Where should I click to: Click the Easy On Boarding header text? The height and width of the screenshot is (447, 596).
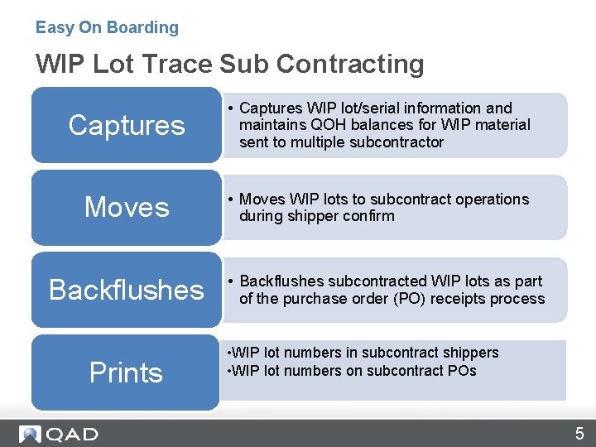pyautogui.click(x=107, y=27)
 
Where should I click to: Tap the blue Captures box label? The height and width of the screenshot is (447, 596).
pyautogui.click(x=127, y=125)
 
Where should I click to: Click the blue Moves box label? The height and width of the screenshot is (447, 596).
pyautogui.click(x=127, y=207)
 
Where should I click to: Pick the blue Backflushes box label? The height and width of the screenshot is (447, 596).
pyautogui.click(x=127, y=290)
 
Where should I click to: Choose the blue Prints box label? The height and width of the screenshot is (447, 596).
pyautogui.click(x=127, y=372)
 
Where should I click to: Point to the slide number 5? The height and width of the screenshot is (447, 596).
pyautogui.click(x=579, y=434)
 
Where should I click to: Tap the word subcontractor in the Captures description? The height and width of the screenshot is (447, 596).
pyautogui.click(x=399, y=142)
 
